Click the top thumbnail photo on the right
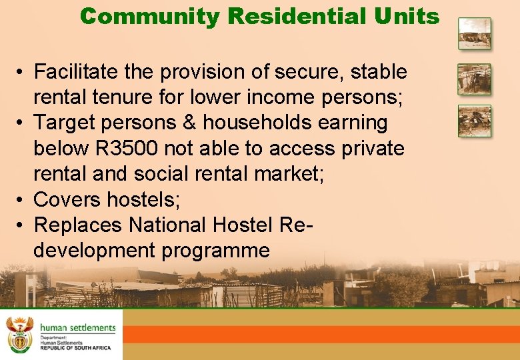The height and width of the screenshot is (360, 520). [x=474, y=34]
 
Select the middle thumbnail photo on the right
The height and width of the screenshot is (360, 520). [x=474, y=79]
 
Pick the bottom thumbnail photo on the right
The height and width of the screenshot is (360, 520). [x=474, y=121]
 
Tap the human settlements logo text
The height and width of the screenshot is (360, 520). [x=77, y=327]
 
